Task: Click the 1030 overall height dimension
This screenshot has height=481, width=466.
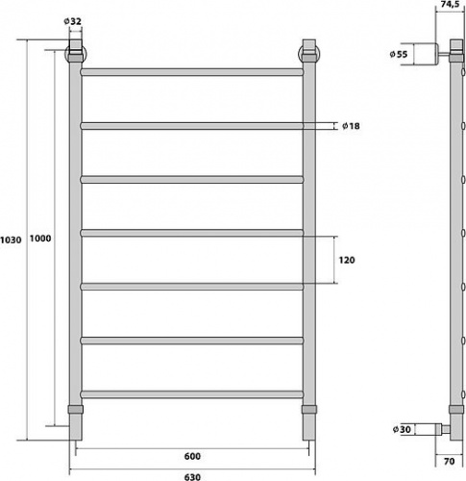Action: click(x=11, y=240)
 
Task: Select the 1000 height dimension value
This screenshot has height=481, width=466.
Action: click(x=40, y=239)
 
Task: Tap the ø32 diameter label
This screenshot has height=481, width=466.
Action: click(x=72, y=21)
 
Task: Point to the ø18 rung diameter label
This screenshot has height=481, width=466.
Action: click(x=351, y=126)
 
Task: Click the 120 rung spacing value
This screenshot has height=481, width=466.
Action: click(x=347, y=260)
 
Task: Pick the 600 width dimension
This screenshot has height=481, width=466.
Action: click(x=192, y=456)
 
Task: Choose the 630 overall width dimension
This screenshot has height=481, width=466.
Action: click(x=192, y=477)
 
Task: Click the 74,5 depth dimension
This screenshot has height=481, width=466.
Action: click(x=450, y=4)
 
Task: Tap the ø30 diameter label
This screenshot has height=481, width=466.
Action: click(x=402, y=429)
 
